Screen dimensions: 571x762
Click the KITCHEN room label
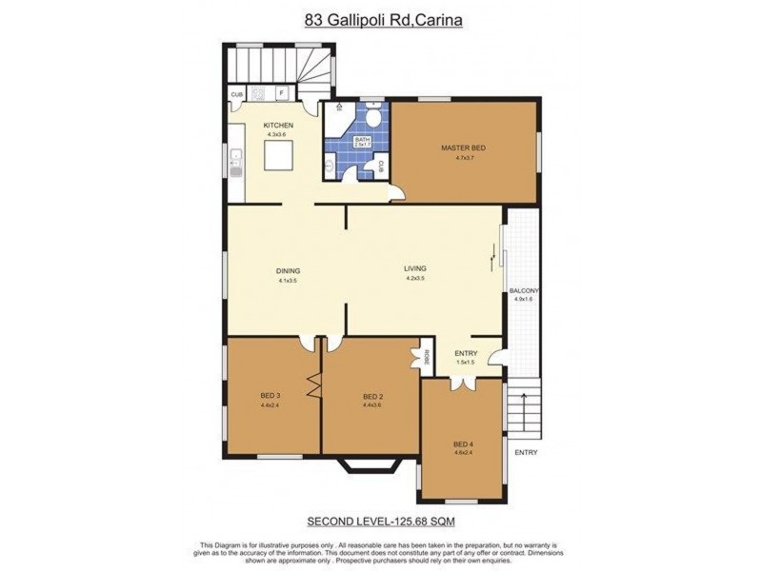click(278, 126)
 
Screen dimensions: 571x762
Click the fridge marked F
click(282, 93)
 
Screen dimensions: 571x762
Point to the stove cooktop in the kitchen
click(257, 93)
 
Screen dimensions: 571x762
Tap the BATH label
click(361, 140)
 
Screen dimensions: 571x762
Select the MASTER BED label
click(464, 148)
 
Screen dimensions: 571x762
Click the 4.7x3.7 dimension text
click(464, 159)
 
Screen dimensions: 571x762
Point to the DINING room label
click(289, 271)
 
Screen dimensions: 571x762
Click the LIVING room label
click(415, 268)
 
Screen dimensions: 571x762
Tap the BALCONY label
click(525, 291)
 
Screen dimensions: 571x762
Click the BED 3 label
click(270, 396)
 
